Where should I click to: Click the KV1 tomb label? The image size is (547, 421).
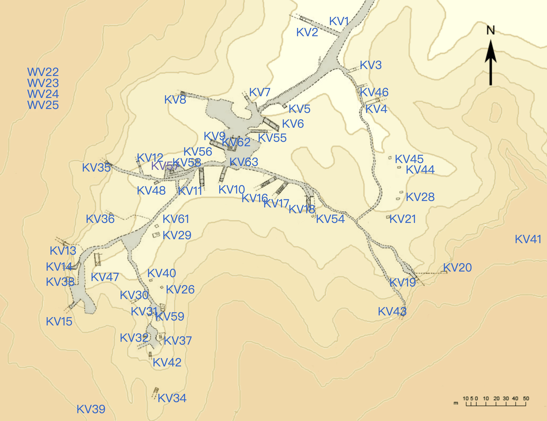(339, 22)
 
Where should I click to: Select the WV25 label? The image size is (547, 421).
(43, 105)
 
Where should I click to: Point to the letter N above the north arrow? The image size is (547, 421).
(491, 31)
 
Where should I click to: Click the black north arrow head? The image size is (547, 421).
(491, 51)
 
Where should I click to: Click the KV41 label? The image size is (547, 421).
(528, 239)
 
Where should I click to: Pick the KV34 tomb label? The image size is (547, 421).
(172, 398)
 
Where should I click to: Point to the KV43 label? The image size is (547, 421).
(392, 311)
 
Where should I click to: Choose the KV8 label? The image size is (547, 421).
(175, 100)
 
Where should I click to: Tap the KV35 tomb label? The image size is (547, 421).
(96, 167)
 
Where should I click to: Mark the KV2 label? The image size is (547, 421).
(307, 32)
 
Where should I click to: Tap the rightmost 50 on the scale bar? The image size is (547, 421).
(526, 398)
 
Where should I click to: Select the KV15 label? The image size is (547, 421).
(59, 322)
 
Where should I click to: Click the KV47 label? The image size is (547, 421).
(105, 277)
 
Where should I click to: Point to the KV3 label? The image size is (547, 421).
(371, 65)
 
